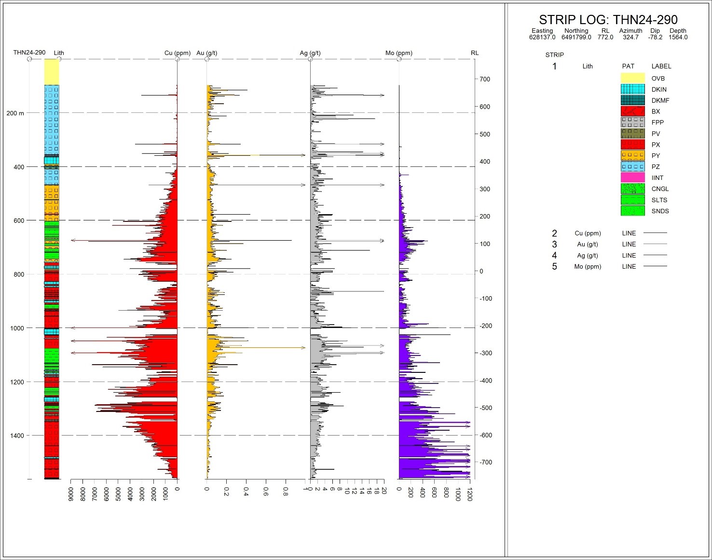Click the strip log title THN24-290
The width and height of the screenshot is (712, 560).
(608, 20)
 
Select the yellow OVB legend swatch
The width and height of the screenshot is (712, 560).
(632, 78)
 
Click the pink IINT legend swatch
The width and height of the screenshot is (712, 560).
(632, 178)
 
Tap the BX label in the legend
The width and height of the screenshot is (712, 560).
(656, 111)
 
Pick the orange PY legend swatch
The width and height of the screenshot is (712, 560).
(632, 156)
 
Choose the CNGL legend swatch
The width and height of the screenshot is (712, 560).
(632, 189)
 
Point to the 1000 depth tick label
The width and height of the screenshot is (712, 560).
(17, 328)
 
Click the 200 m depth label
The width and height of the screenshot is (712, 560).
(15, 113)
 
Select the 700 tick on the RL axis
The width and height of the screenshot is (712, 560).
(484, 79)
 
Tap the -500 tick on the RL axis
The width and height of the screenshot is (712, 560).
(485, 408)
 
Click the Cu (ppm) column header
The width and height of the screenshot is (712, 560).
(177, 53)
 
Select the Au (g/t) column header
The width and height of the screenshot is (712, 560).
(206, 53)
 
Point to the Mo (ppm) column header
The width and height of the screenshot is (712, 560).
(399, 53)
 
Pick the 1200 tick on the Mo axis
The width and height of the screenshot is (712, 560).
(470, 494)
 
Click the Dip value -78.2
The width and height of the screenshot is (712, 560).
(655, 37)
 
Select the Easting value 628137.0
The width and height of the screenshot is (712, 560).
(542, 37)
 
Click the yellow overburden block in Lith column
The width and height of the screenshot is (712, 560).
(52, 72)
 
